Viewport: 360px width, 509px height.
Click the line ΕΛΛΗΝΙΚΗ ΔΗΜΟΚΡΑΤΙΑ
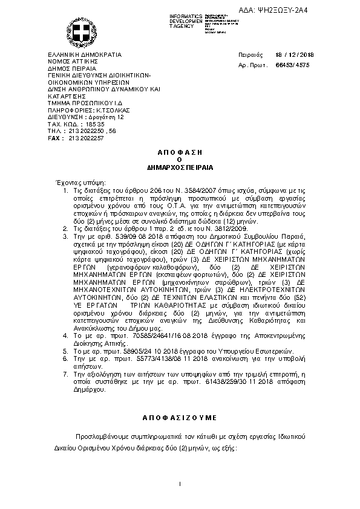pos(84,54)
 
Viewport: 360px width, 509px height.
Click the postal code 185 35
pos(88,123)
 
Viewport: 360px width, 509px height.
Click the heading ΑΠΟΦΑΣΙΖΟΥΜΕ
pos(179,418)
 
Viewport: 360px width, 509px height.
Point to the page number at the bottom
pos(180,484)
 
